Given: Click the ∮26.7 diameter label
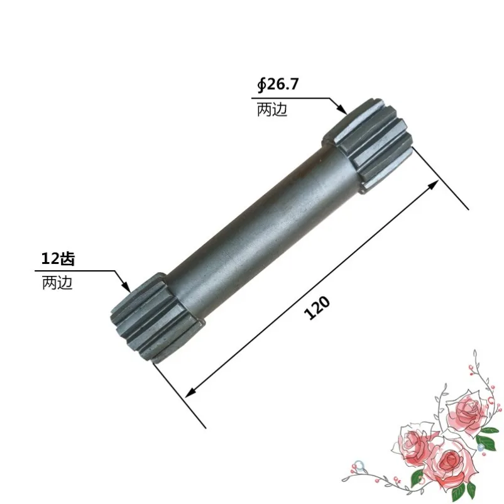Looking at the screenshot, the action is click(278, 85).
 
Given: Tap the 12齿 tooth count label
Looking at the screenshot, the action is click(58, 259).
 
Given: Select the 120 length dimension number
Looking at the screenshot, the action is click(317, 308).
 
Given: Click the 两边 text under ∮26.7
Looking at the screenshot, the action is click(271, 110).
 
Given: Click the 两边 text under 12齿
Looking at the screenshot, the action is click(57, 283).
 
